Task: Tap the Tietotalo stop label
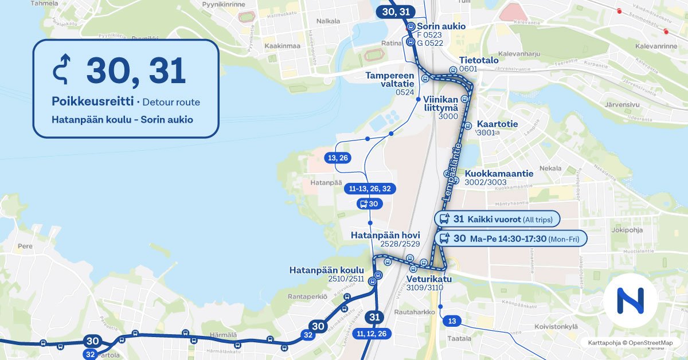tap(478, 60)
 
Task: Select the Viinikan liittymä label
tap(441, 103)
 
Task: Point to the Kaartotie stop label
tap(497, 124)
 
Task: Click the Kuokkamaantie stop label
tap(499, 174)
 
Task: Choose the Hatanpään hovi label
tap(385, 235)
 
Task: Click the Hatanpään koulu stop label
tap(327, 270)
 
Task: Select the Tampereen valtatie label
tap(390, 80)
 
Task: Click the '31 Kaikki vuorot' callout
tap(497, 219)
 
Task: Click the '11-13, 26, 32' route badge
tap(370, 189)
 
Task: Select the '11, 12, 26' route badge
tap(371, 333)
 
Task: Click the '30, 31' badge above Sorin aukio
tap(396, 11)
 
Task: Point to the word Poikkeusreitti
tap(92, 102)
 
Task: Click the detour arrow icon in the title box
tap(61, 71)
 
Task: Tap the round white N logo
tap(630, 300)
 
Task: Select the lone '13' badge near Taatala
tap(452, 321)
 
